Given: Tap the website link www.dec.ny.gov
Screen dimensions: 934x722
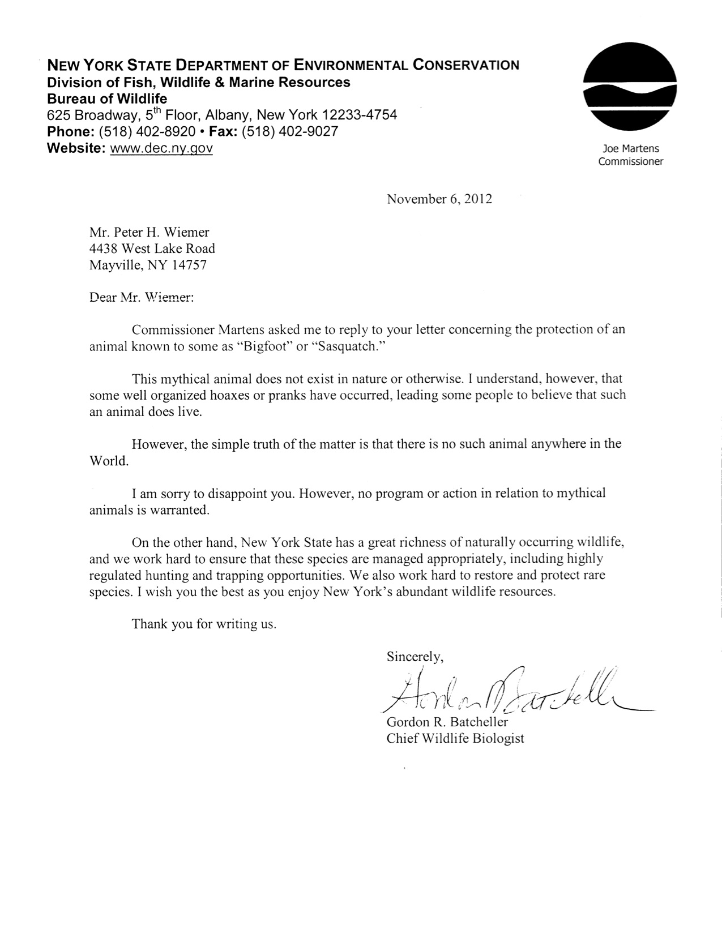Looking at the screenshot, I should pos(161,148).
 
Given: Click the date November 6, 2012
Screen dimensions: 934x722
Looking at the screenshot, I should pos(439,199).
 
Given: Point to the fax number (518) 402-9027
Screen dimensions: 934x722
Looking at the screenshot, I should pos(290,132).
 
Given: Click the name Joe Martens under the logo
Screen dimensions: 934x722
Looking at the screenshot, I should pos(631,149).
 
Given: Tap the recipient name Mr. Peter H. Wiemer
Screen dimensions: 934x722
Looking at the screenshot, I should pos(149,232).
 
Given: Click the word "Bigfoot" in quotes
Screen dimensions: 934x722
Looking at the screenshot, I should pos(263,346).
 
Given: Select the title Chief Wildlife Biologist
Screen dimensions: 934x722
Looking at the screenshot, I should pos(455,738).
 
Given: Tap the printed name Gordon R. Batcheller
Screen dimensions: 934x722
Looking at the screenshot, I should pos(447,722).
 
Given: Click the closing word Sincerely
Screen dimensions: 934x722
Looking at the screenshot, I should pos(414,657).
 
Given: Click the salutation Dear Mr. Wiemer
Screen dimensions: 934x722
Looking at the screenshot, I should pos(142,297).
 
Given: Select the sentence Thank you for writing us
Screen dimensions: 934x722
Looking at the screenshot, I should pos(204,624).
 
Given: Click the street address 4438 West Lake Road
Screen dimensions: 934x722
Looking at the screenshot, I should pos(152,249).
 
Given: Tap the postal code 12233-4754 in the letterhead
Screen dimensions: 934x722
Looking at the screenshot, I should pos(360,115).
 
